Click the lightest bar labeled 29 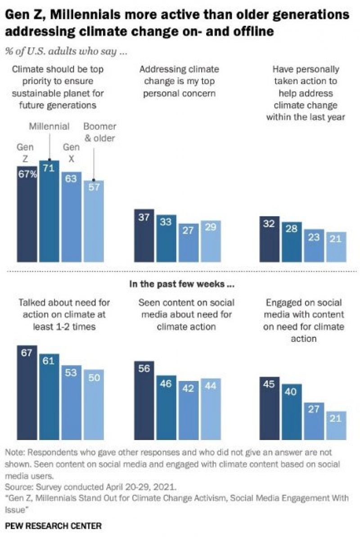pyautogui.click(x=211, y=241)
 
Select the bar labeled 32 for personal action pyautogui.click(x=269, y=239)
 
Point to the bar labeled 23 pyautogui.click(x=313, y=245)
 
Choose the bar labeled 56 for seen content pyautogui.click(x=144, y=400)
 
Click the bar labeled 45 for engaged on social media pyautogui.click(x=269, y=408)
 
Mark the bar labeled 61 pyautogui.click(x=49, y=397)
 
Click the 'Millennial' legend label pyautogui.click(x=49, y=126)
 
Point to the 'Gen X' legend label pyautogui.click(x=71, y=153)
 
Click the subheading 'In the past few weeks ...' pyautogui.click(x=180, y=285)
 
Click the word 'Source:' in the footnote pyautogui.click(x=18, y=487)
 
